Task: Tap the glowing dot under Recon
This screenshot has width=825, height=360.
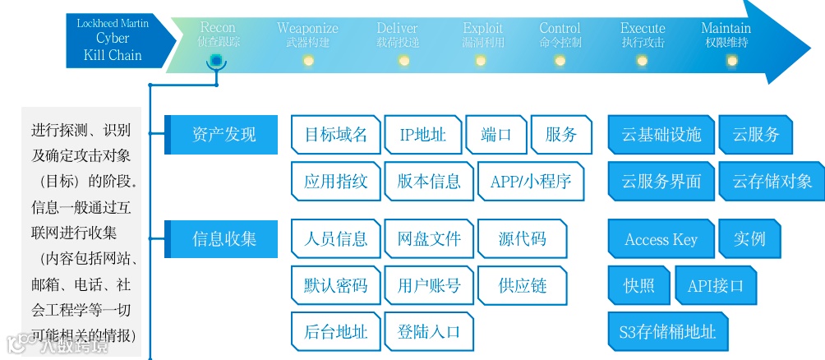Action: coord(215,60)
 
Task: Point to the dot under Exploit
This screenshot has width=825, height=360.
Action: coord(483,60)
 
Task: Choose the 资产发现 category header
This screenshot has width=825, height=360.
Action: coord(223,135)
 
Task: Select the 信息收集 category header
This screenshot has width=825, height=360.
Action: coord(223,239)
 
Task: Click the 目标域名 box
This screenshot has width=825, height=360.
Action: coord(335,135)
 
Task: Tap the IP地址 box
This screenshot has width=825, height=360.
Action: coord(422,135)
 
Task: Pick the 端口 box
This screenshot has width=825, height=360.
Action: coord(495,135)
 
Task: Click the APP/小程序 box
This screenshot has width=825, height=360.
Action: coord(530,182)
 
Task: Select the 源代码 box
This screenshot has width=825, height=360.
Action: coord(522,239)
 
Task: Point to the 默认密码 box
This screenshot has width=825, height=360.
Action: coord(335,285)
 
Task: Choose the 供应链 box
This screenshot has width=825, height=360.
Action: coord(522,285)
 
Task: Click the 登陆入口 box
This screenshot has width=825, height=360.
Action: coord(429,332)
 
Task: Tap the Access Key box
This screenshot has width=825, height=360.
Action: coord(661,239)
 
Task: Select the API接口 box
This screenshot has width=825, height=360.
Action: coord(715,285)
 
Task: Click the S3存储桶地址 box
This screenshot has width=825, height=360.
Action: coord(667,332)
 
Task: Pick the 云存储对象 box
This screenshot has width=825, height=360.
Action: coord(772,182)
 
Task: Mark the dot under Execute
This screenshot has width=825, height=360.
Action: coord(643,60)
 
